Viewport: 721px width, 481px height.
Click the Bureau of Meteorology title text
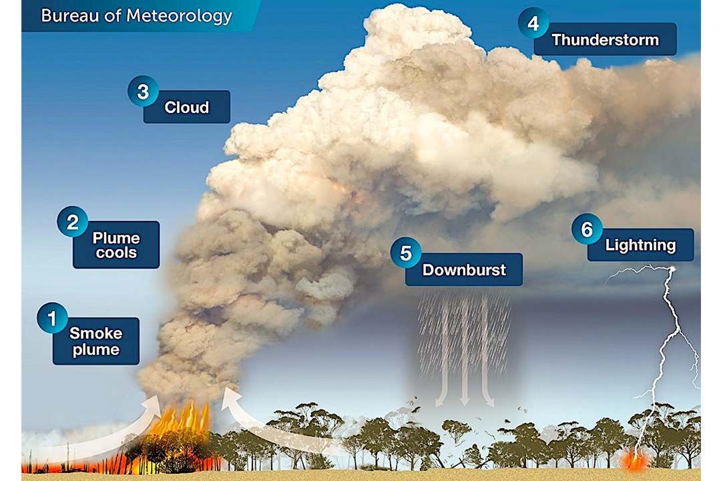pyautogui.click(x=136, y=16)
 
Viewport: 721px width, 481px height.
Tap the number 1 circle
pyautogui.click(x=53, y=317)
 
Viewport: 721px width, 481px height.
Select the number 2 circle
pyautogui.click(x=72, y=221)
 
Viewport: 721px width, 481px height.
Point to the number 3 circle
pyautogui.click(x=143, y=91)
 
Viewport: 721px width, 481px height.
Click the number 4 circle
pyautogui.click(x=533, y=23)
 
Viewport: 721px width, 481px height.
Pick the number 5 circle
pyautogui.click(x=406, y=254)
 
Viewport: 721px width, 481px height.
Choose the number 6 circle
pyautogui.click(x=587, y=229)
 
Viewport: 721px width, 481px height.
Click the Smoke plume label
pyautogui.click(x=95, y=341)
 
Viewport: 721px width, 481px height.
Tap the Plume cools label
pyautogui.click(x=116, y=245)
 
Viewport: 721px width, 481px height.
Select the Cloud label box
pyautogui.click(x=187, y=108)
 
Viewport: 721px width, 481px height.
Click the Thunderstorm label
pyautogui.click(x=605, y=40)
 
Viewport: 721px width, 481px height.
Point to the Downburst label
pyautogui.click(x=464, y=271)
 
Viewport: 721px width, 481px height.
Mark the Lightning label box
pyautogui.click(x=640, y=245)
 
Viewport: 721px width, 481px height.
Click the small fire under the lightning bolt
pyautogui.click(x=634, y=460)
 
